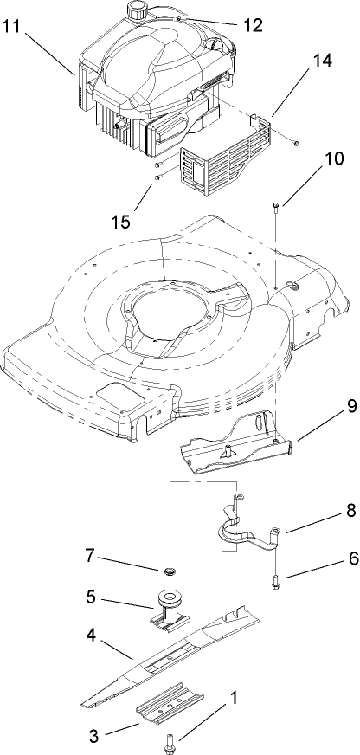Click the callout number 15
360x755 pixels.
(122, 221)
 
